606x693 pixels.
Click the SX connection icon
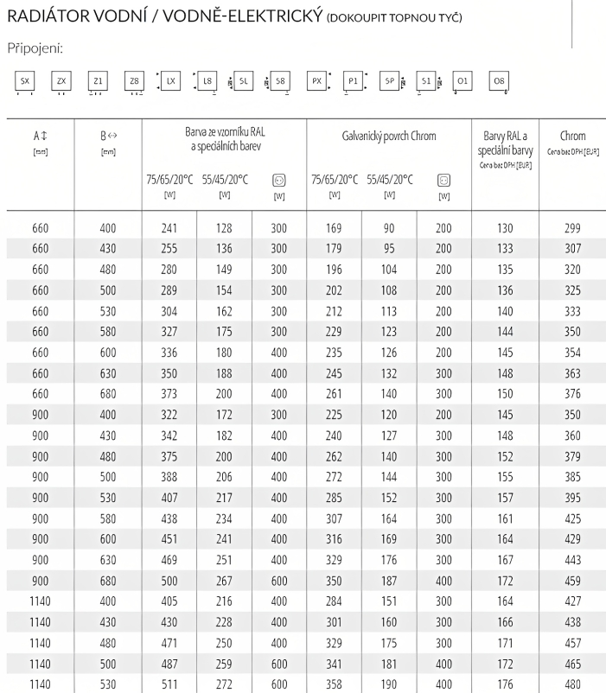pos(25,80)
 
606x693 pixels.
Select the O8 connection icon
pos(499,80)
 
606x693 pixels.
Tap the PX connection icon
pos(316,80)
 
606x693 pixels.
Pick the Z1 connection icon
pos(98,80)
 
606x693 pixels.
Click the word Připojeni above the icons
pos(34,48)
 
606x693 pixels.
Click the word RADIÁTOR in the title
pos(53,17)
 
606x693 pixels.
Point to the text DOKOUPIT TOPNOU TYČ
pos(394,18)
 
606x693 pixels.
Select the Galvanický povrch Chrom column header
pos(389,136)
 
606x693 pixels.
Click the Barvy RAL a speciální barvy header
pos(505,142)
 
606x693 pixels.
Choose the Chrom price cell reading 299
pos(572,228)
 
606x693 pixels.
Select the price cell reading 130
pos(505,228)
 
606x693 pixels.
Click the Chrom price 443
pos(572,559)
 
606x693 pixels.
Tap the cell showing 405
pos(169,601)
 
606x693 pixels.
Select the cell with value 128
pos(224,228)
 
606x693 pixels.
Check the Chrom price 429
pos(572,538)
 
